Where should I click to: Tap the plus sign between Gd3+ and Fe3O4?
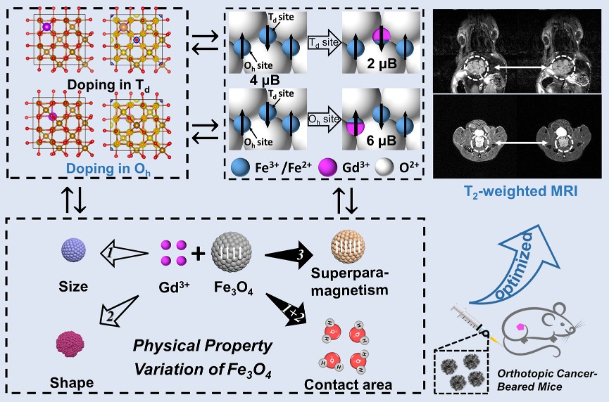point(199,252)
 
